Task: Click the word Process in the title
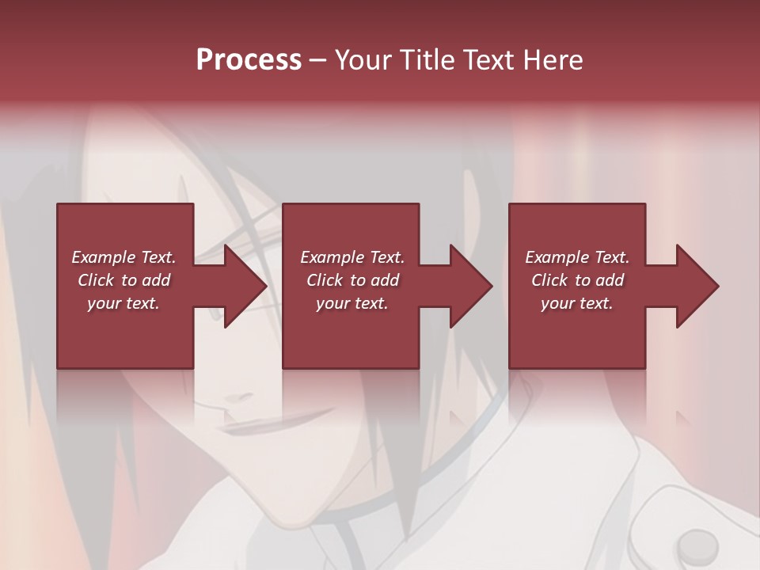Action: click(249, 60)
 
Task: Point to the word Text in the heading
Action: click(487, 60)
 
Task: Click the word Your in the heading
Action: click(363, 60)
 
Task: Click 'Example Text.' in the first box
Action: click(123, 257)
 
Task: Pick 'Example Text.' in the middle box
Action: click(352, 257)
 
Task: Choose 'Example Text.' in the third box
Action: click(577, 257)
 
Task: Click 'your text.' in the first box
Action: click(123, 303)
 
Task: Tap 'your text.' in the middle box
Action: click(352, 303)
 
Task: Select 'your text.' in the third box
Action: click(577, 303)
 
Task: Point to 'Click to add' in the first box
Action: click(123, 280)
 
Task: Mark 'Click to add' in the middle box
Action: click(352, 280)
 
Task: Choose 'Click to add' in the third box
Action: click(577, 280)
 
